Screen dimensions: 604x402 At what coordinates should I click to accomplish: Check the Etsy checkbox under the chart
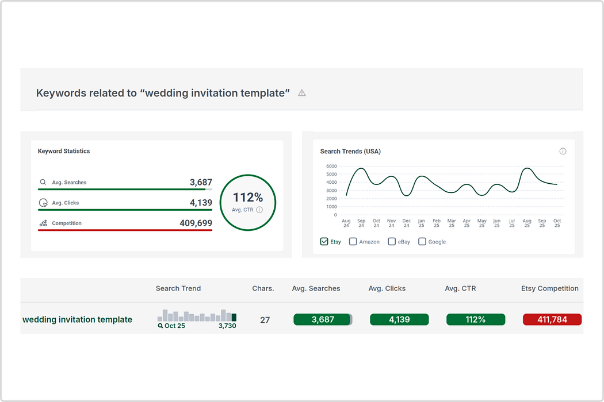coord(324,242)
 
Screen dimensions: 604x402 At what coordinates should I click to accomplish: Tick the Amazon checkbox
coord(353,242)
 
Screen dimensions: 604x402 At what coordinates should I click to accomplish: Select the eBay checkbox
coord(392,242)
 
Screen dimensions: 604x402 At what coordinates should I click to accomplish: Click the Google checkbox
coord(422,242)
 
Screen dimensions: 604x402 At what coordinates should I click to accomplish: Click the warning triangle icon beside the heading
coord(302,92)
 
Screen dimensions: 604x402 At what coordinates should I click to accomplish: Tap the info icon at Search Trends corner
coord(563,151)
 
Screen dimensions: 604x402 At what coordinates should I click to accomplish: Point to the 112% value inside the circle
coord(248,198)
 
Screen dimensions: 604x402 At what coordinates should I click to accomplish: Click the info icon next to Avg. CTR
coord(259,210)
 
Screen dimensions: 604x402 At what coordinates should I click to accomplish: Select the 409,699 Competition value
coord(196,223)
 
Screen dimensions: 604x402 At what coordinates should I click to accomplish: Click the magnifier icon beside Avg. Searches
coord(43,182)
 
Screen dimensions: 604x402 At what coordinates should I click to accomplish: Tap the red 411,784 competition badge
coord(552,319)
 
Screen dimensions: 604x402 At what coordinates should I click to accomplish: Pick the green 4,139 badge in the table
coord(399,319)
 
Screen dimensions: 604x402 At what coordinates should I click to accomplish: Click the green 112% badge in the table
coord(476,319)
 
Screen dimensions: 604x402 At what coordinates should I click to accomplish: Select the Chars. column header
coord(263,288)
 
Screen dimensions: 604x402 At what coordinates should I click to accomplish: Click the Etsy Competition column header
coord(550,288)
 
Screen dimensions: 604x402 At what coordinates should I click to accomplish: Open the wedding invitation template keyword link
coord(78,320)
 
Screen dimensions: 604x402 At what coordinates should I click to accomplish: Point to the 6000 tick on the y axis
coord(331,166)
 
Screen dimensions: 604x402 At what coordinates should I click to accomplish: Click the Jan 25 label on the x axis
coord(422,223)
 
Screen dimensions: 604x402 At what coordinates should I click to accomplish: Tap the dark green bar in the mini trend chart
coord(234,318)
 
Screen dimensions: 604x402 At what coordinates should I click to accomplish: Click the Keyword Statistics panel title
coord(63,151)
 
